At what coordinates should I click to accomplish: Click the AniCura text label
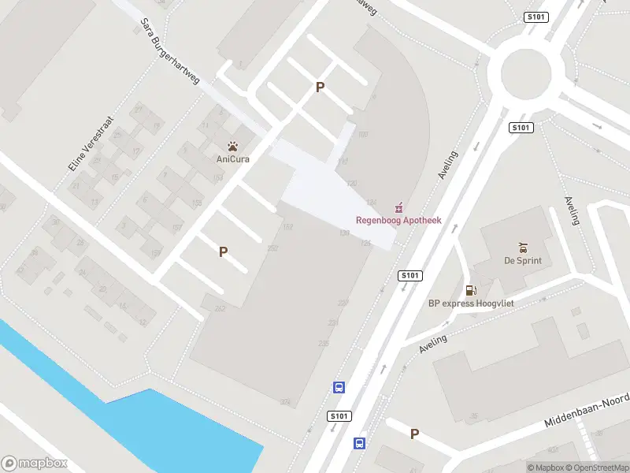click(x=233, y=158)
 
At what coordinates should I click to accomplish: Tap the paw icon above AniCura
click(x=233, y=146)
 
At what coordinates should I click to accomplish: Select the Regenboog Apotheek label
click(x=398, y=220)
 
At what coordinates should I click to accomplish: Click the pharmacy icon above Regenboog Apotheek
click(x=399, y=207)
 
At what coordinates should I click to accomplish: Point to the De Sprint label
click(x=523, y=260)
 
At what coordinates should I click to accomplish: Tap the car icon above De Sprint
click(x=523, y=248)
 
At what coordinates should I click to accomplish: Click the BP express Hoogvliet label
click(x=470, y=303)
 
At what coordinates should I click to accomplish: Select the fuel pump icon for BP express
click(x=471, y=290)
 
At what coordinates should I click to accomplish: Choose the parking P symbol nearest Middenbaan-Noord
click(x=414, y=434)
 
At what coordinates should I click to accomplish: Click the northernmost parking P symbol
click(x=320, y=88)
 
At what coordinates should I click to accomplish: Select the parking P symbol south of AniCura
click(x=224, y=252)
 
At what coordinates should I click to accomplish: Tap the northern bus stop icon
click(x=339, y=387)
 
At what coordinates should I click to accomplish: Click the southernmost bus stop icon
click(x=359, y=443)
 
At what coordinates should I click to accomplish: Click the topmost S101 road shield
click(x=535, y=17)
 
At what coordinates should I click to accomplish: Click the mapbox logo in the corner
click(x=35, y=464)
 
